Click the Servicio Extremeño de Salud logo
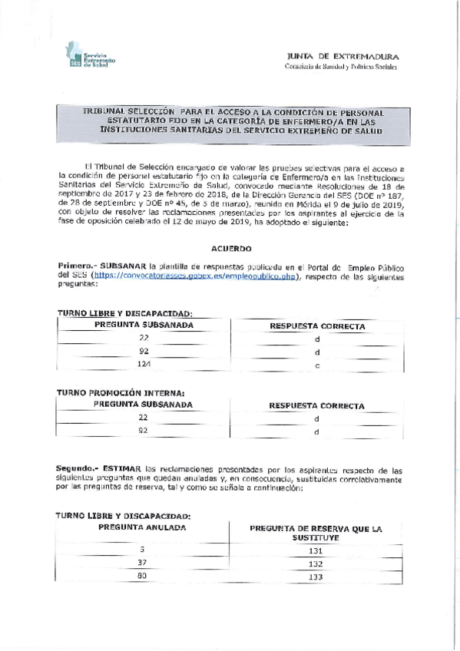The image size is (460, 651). pos(90,59)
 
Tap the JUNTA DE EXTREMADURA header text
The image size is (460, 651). pos(342,58)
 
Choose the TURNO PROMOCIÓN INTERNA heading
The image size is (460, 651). pos(120,392)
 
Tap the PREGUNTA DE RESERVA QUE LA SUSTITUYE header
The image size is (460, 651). pos(316,534)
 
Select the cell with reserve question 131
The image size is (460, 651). pos(316,551)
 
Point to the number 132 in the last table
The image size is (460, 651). pos(316,564)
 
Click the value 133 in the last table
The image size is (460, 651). pos(316,577)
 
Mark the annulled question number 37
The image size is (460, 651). pos(141,563)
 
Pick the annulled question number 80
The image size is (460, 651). pos(141,576)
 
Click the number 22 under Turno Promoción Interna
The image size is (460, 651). pos(143,417)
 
